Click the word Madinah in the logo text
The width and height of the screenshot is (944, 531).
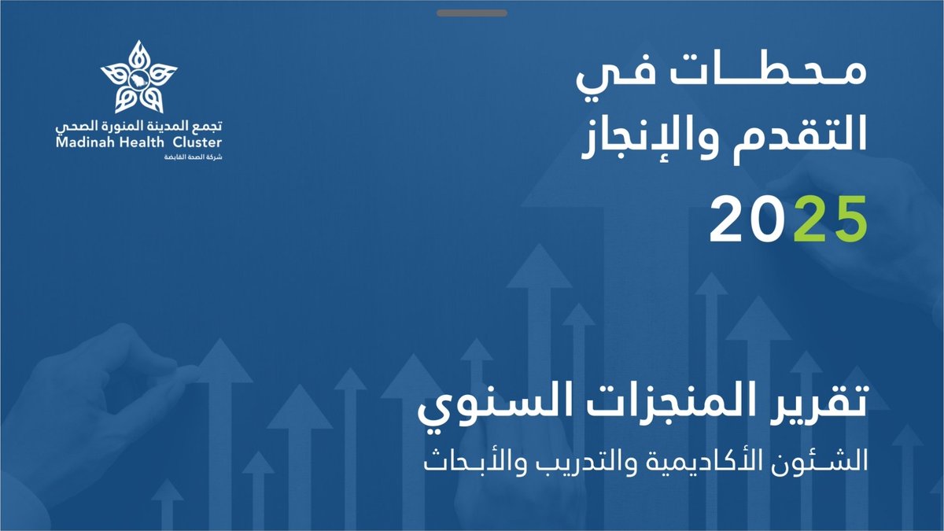pos(84,142)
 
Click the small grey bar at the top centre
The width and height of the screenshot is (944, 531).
pos(471,13)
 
